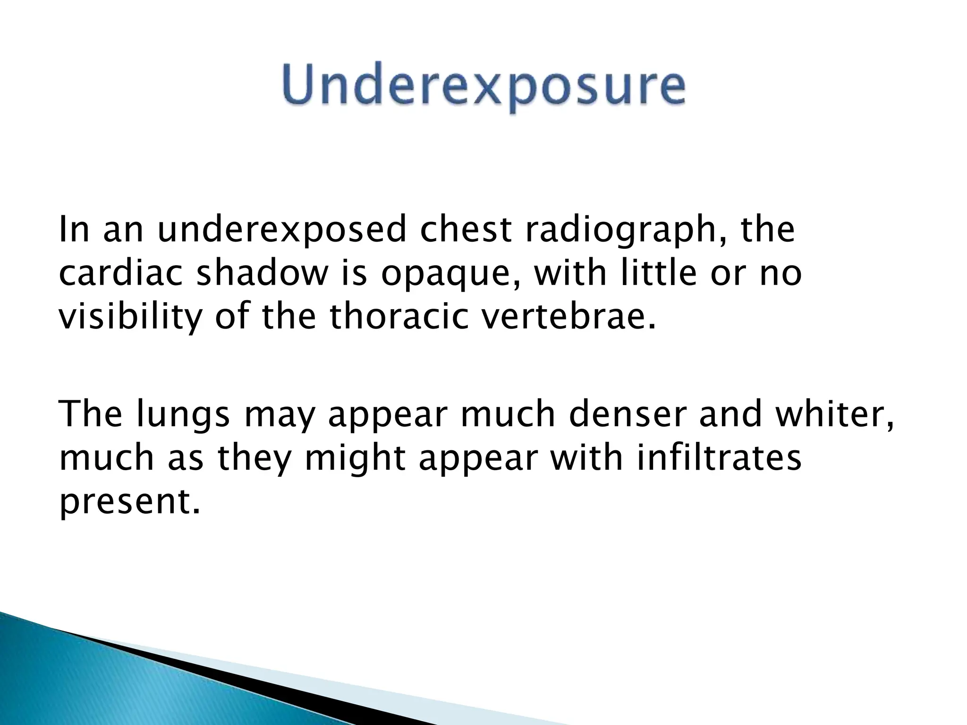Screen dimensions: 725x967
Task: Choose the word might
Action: coord(355,459)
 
